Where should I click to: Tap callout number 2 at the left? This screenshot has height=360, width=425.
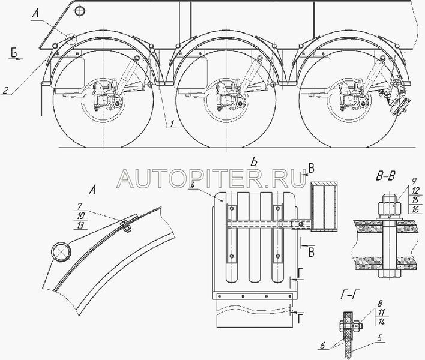point(5,91)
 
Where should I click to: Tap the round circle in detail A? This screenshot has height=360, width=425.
point(60,252)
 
